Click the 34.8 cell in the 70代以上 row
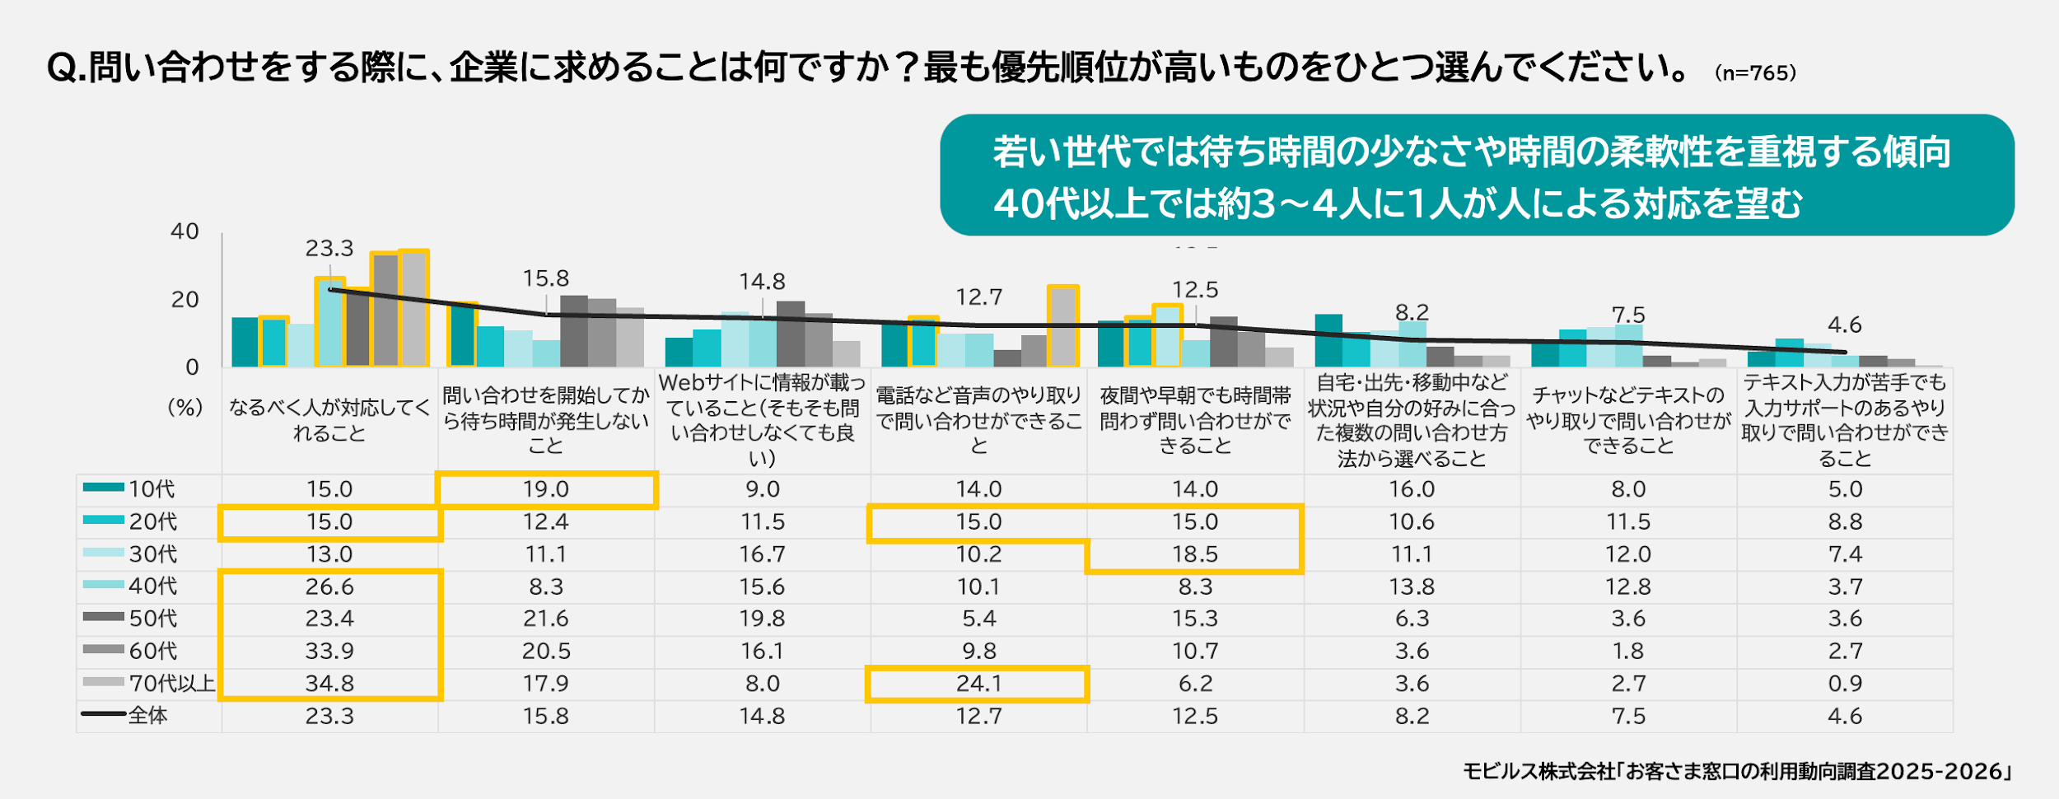pyautogui.click(x=329, y=684)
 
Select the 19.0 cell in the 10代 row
pyautogui.click(x=546, y=489)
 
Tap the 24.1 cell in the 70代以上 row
pyautogui.click(x=978, y=684)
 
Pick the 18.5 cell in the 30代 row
pyautogui.click(x=1195, y=554)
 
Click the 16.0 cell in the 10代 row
pyautogui.click(x=1412, y=489)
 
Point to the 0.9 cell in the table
pyautogui.click(x=1845, y=684)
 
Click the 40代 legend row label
pyautogui.click(x=152, y=586)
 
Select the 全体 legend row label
pyautogui.click(x=148, y=716)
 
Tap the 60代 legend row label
pyautogui.click(x=152, y=651)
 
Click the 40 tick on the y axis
pyautogui.click(x=184, y=231)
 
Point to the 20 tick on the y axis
pyautogui.click(x=184, y=300)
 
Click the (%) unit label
pyautogui.click(x=184, y=408)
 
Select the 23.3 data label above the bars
pyautogui.click(x=329, y=248)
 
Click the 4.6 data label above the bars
pyautogui.click(x=1845, y=325)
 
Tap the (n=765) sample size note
pyautogui.click(x=1755, y=73)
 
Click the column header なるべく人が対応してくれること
pyautogui.click(x=329, y=420)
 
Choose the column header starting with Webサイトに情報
pyautogui.click(x=763, y=420)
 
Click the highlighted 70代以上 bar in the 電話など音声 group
pyautogui.click(x=1063, y=326)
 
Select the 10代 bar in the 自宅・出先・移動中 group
pyautogui.click(x=1328, y=340)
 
